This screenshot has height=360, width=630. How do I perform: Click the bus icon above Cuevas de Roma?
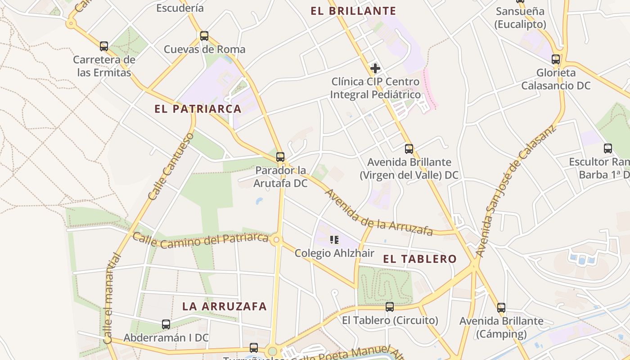204,36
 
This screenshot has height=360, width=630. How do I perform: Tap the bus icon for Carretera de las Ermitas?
104,46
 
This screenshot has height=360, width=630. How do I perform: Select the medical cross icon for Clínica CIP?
375,68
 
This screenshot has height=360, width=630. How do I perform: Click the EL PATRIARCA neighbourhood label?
198,109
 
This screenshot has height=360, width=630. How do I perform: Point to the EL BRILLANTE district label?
353,11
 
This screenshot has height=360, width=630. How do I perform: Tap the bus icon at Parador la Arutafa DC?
280,157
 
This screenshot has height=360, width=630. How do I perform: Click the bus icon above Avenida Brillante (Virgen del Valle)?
409,148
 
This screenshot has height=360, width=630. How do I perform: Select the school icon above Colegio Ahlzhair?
334,239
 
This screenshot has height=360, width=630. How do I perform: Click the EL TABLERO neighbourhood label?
420,259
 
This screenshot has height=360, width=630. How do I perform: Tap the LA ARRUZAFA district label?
225,306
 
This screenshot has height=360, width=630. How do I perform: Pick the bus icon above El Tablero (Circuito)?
390,307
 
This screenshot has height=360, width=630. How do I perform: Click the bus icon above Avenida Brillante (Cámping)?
501,308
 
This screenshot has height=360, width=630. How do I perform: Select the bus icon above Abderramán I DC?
166,324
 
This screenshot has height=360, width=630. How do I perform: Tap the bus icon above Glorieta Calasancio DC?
556,59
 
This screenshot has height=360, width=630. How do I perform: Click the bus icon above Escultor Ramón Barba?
608,148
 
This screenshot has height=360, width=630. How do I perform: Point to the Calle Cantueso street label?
171,166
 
